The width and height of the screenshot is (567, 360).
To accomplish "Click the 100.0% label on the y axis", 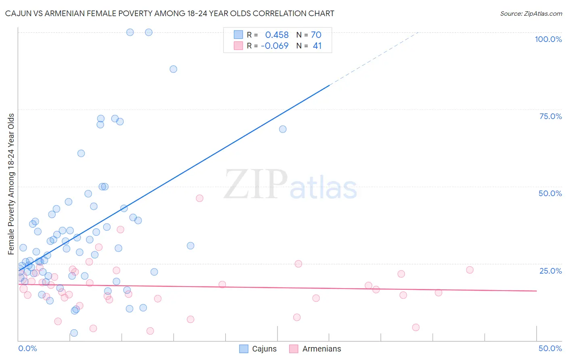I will pyautogui.click(x=548, y=39).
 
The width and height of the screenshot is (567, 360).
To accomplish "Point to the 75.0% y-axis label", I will pyautogui.click(x=550, y=116).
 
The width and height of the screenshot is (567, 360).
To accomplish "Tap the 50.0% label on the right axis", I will pyautogui.click(x=550, y=193).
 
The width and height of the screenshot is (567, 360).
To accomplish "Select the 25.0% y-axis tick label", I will pyautogui.click(x=550, y=271).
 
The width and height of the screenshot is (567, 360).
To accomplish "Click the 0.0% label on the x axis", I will pyautogui.click(x=27, y=348).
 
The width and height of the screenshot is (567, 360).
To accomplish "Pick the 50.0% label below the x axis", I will pyautogui.click(x=550, y=348).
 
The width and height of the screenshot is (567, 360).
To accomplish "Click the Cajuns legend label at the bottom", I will pyautogui.click(x=264, y=349).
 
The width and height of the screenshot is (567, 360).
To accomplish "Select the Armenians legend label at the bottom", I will pyautogui.click(x=321, y=349).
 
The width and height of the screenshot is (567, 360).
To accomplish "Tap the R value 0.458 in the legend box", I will pyautogui.click(x=277, y=35).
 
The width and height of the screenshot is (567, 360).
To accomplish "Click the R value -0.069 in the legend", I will pyautogui.click(x=275, y=46).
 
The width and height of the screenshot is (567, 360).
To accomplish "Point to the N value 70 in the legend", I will pyautogui.click(x=316, y=35).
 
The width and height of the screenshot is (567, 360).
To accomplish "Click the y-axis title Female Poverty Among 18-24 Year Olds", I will pyautogui.click(x=11, y=184).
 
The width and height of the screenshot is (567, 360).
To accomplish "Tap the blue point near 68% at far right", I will pyautogui.click(x=283, y=129).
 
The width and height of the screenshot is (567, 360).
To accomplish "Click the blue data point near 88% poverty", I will pyautogui.click(x=173, y=69).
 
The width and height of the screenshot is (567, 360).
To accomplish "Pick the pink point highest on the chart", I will pyautogui.click(x=200, y=198).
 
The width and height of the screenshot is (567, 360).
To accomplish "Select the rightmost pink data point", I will pyautogui.click(x=470, y=270).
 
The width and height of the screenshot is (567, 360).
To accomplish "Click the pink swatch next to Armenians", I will pyautogui.click(x=294, y=349).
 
